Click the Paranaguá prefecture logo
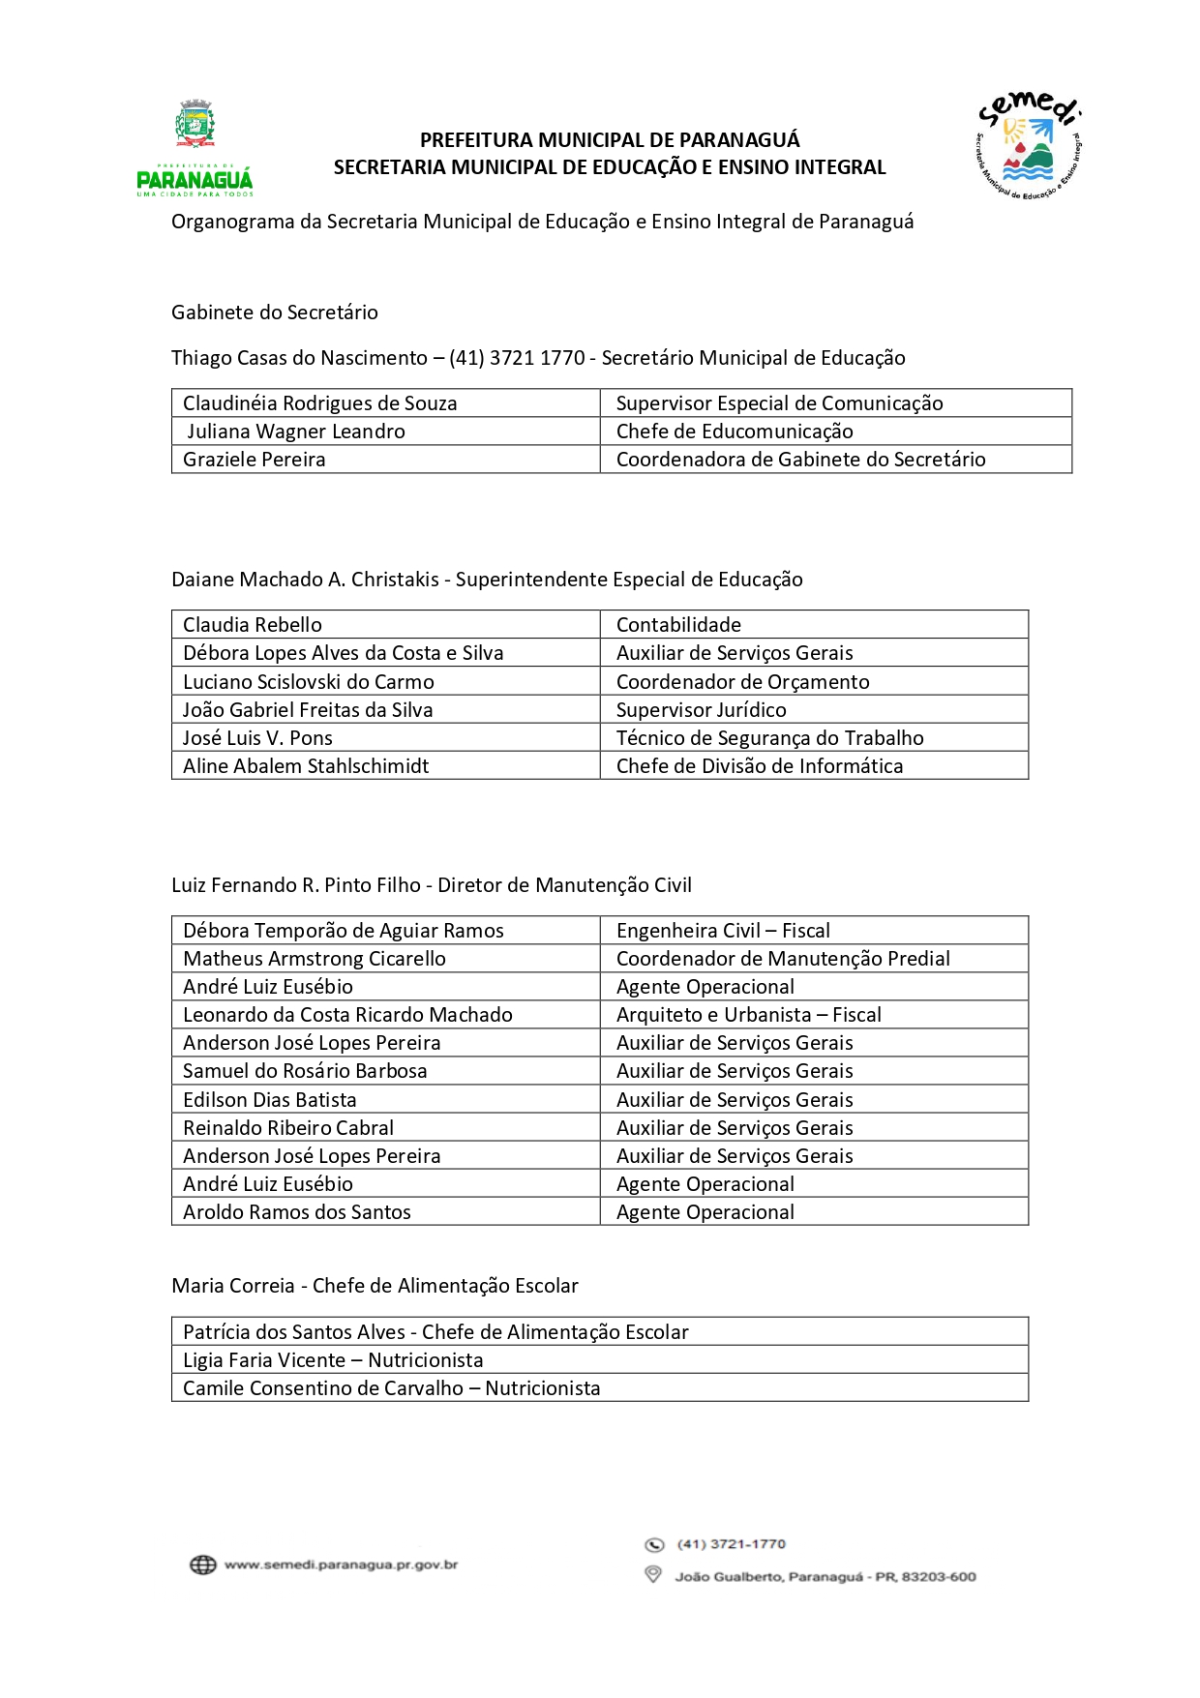tap(195, 147)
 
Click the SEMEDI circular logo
tap(1028, 146)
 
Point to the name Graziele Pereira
tap(255, 460)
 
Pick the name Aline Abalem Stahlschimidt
tap(306, 766)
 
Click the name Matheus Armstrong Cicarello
tap(315, 959)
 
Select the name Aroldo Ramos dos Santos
tap(297, 1212)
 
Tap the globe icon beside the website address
tap(202, 1564)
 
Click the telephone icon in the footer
tap(654, 1544)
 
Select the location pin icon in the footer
tap(653, 1575)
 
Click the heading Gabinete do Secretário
tap(275, 313)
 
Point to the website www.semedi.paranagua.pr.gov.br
tap(341, 1564)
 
